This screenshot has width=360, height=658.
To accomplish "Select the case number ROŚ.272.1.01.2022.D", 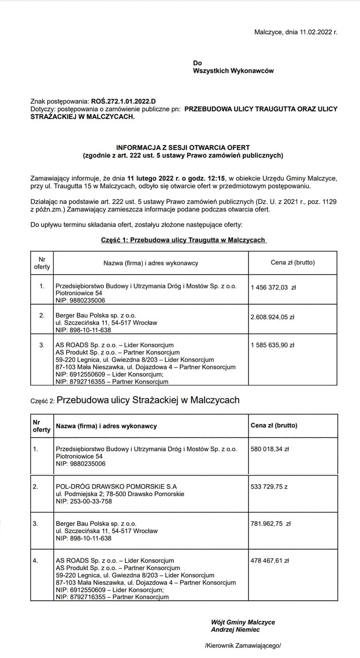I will click(123, 102).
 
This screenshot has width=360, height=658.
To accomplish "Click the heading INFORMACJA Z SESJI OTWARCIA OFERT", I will click(183, 148).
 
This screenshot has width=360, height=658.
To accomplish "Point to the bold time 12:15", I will click(218, 178).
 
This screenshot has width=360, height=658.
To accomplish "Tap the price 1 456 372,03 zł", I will click(273, 288).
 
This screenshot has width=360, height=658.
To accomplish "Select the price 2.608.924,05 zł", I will click(272, 317).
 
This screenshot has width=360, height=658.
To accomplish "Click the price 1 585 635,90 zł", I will click(272, 345).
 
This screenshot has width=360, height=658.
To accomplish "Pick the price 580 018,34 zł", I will click(270, 449).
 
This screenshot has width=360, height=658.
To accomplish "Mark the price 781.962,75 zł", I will click(271, 524).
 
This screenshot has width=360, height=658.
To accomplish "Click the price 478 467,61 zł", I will click(270, 561).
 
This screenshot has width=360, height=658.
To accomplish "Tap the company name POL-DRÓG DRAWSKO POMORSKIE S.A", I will click(116, 486).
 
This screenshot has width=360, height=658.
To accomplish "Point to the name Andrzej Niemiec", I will click(235, 630).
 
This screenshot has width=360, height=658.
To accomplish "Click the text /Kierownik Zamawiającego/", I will click(242, 646).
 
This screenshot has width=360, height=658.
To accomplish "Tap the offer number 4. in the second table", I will click(36, 561).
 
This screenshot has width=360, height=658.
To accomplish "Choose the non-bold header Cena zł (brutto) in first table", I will click(292, 263).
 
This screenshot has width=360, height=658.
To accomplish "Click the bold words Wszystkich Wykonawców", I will click(233, 71).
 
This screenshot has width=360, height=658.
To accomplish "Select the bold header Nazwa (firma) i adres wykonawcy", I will click(106, 426).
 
